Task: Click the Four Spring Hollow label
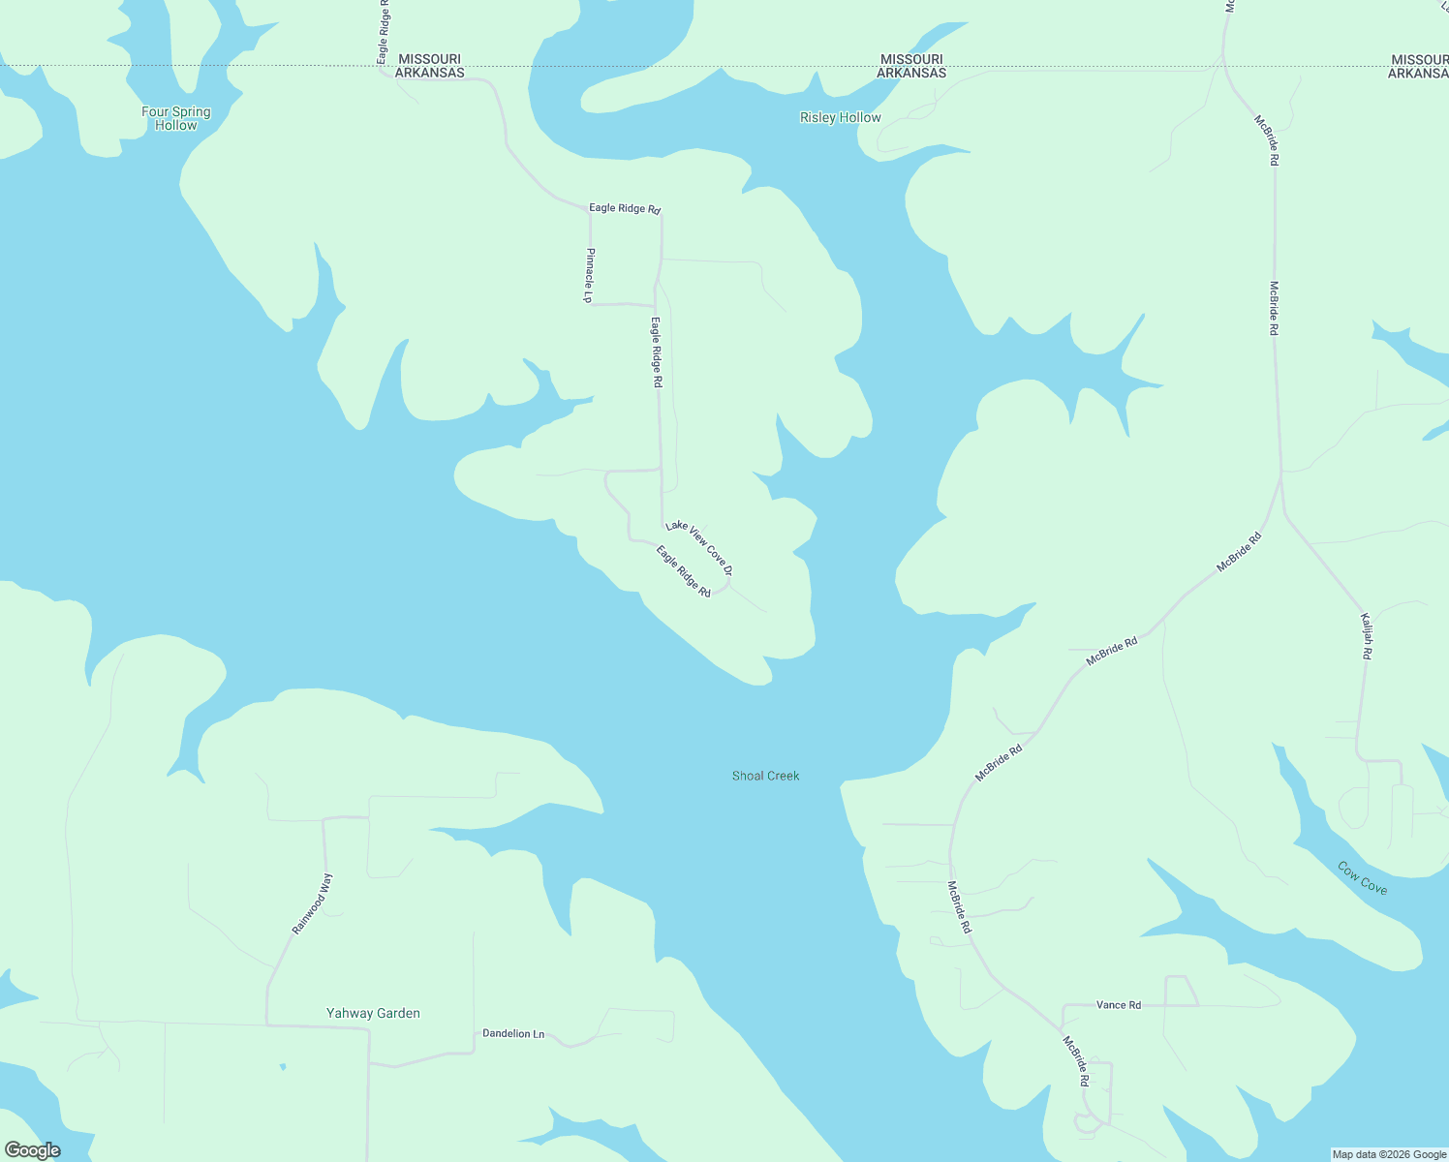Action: (175, 118)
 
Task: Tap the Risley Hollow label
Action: (840, 117)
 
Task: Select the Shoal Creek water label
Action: (765, 776)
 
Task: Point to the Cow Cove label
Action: (1362, 877)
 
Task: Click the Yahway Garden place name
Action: (373, 1013)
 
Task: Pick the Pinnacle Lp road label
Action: (589, 275)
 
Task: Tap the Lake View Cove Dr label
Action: (699, 547)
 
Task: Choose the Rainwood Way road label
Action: (312, 903)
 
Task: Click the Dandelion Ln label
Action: (513, 1034)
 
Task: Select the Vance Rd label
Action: (1119, 1005)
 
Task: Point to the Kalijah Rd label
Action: (1366, 636)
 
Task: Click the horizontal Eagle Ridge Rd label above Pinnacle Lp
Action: (625, 208)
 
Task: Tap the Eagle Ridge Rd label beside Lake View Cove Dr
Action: (683, 571)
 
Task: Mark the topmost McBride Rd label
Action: (1266, 140)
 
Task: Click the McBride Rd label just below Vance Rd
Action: (1076, 1061)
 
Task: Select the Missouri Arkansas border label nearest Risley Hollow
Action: (911, 66)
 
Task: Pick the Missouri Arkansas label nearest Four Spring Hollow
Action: (429, 66)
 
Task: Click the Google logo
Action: (33, 1150)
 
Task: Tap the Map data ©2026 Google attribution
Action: (1389, 1154)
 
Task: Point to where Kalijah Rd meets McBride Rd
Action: (1281, 475)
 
